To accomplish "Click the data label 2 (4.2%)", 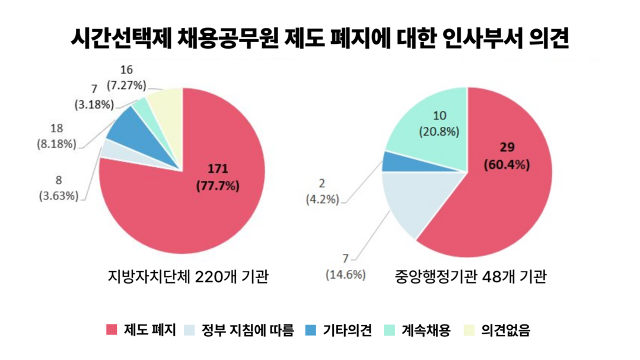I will tap(322, 192).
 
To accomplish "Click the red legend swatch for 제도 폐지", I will tap(112, 330).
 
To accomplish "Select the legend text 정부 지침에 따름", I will tap(247, 330).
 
